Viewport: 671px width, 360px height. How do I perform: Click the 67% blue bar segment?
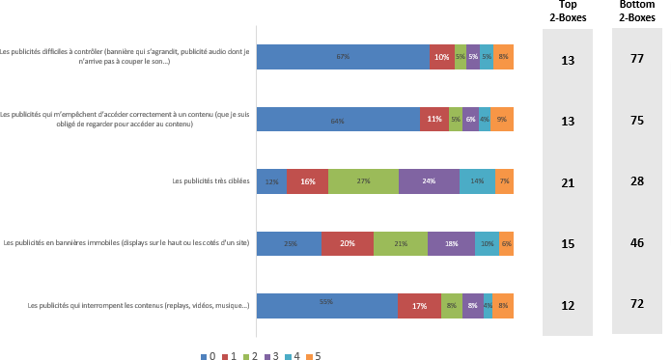(343, 58)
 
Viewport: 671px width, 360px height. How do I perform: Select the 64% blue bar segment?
(338, 120)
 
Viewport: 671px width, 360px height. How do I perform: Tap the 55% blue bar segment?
(326, 305)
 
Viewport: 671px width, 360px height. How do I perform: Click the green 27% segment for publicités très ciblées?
(363, 181)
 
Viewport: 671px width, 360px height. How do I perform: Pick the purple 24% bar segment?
(429, 181)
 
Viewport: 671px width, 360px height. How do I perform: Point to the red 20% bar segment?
(348, 243)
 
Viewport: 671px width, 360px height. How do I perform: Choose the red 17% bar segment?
(420, 305)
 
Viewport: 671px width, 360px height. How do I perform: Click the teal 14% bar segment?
(477, 181)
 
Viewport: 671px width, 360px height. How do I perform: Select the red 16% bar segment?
(307, 181)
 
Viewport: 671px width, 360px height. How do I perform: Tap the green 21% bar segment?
(401, 243)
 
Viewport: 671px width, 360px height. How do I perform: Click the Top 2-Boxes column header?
(567, 12)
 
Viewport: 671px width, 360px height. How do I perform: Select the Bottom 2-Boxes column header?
(637, 12)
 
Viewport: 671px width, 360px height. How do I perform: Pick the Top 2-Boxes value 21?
(568, 182)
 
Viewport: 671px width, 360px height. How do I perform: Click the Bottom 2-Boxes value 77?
(637, 60)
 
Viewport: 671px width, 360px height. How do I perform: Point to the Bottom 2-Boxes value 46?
(637, 244)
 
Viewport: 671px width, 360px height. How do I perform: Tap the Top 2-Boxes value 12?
(568, 306)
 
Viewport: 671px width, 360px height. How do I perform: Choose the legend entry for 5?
(312, 355)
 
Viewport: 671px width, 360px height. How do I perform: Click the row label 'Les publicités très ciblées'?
(210, 181)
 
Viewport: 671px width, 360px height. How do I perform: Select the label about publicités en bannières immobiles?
(126, 243)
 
